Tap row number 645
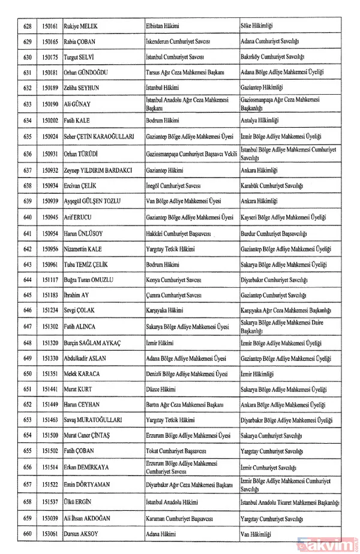click(x=27, y=295)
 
